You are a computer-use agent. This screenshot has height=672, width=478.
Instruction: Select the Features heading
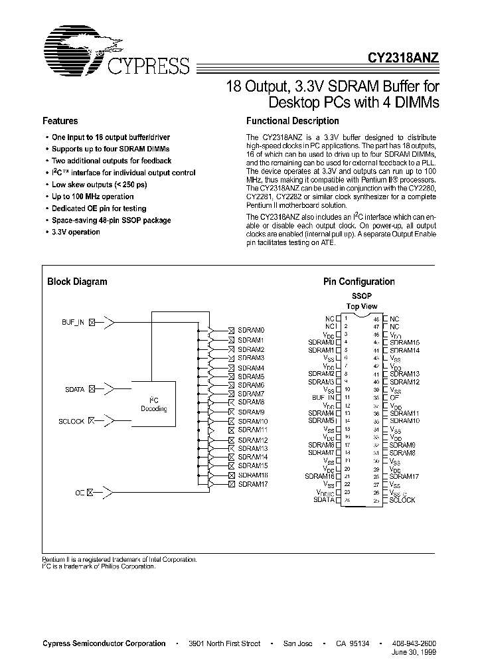point(60,121)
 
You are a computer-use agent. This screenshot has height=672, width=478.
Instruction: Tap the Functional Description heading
point(292,121)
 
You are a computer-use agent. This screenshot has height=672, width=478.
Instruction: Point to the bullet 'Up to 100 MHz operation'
point(92,197)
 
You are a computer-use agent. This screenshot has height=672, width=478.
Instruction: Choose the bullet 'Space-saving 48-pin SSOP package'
point(111,220)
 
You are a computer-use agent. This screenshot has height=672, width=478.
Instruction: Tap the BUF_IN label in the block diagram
point(73,322)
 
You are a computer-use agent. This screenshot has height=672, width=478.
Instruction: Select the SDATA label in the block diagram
point(74,390)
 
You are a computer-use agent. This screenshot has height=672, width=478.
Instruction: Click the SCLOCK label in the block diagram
point(72,422)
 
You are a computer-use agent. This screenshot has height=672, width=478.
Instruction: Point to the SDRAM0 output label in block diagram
point(251,330)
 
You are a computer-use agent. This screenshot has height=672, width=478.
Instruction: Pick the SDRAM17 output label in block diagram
point(252,484)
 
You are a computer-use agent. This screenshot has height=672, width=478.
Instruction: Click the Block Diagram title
point(77,282)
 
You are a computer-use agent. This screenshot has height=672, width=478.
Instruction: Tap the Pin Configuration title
point(358,282)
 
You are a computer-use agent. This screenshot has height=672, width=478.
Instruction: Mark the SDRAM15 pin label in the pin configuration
point(404,342)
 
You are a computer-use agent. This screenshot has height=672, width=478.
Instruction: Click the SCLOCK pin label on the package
point(402,500)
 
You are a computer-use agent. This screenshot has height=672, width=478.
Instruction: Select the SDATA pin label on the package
point(323,500)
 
